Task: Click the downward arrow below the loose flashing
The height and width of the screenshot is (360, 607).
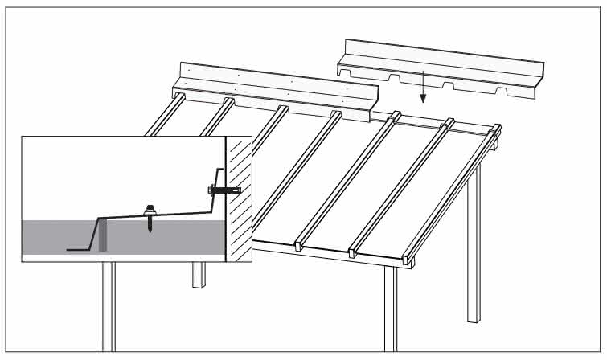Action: coord(423,87)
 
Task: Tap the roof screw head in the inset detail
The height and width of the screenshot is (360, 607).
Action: coord(150,209)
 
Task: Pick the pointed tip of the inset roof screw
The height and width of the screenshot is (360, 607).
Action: coord(150,229)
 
